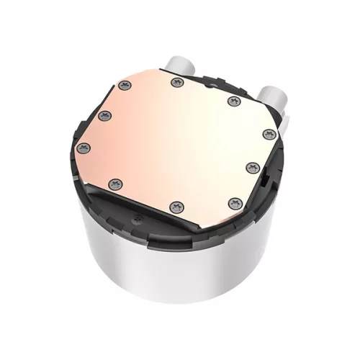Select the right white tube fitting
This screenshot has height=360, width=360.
(269, 96)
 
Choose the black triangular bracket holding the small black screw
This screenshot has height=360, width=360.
(130, 209)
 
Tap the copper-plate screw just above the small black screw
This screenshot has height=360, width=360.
(116, 184)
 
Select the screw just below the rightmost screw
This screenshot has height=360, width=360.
(251, 167)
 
